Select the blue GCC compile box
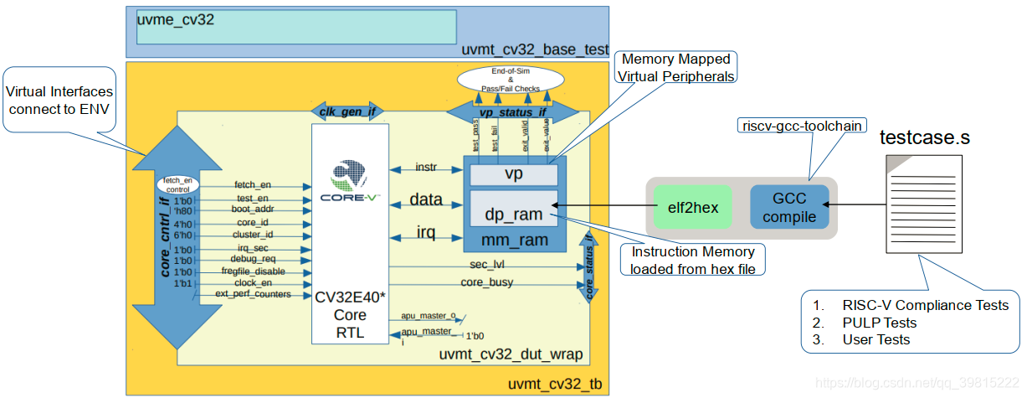pyautogui.click(x=789, y=207)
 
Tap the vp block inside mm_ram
pyautogui.click(x=514, y=174)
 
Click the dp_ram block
pyautogui.click(x=514, y=214)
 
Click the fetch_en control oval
pyautogui.click(x=178, y=185)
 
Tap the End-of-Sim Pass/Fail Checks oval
pyautogui.click(x=510, y=81)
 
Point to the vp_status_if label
pyautogui.click(x=512, y=111)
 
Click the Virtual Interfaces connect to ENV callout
pyautogui.click(x=59, y=100)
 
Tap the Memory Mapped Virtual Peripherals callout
pyautogui.click(x=676, y=68)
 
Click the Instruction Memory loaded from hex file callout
pyautogui.click(x=692, y=261)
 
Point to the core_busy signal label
pyautogui.click(x=487, y=282)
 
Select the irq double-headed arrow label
pyautogui.click(x=426, y=232)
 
